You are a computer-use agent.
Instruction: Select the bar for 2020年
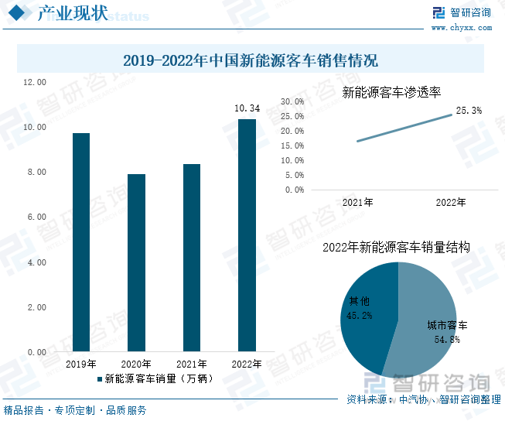(x=136, y=263)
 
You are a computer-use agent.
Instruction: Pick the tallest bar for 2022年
(x=247, y=235)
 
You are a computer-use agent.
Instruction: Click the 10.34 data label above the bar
(x=247, y=108)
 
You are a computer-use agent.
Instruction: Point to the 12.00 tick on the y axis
(x=36, y=82)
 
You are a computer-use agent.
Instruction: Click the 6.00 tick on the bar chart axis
(x=36, y=217)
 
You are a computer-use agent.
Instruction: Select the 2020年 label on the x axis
(x=136, y=364)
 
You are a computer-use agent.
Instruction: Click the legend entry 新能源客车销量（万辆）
(x=155, y=379)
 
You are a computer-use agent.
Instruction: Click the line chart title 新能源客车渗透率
(x=391, y=92)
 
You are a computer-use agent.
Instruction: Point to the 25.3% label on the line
(x=469, y=111)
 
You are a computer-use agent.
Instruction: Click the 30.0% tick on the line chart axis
(x=292, y=101)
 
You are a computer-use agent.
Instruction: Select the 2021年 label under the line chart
(x=357, y=203)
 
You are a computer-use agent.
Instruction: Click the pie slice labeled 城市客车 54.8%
(x=433, y=325)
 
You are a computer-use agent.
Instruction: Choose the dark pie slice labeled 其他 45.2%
(x=363, y=310)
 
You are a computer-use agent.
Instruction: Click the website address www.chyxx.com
(x=461, y=28)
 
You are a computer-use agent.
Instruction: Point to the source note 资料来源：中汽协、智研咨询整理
(x=423, y=400)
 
